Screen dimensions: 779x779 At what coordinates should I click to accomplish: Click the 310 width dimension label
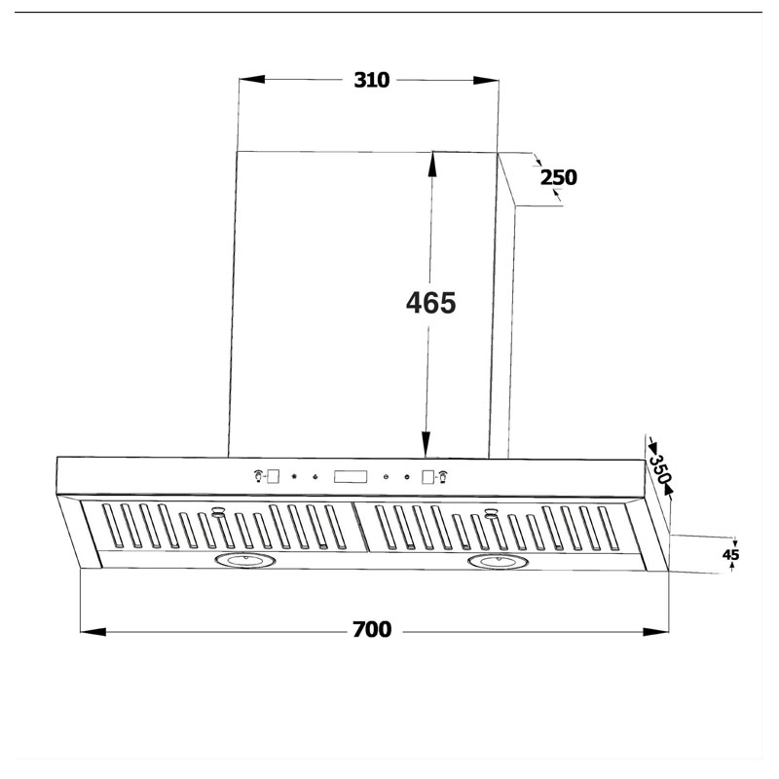(372, 81)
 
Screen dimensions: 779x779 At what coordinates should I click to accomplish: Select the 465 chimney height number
(430, 303)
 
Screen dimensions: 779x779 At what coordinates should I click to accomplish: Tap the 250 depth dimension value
(559, 177)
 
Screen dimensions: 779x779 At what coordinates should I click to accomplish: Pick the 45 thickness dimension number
(731, 555)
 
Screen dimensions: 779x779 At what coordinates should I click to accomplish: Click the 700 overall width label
(372, 631)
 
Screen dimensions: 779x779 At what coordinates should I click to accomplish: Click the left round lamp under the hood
(245, 561)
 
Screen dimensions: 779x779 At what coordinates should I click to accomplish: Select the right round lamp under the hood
(497, 561)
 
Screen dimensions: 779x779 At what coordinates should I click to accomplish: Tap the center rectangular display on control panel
(351, 477)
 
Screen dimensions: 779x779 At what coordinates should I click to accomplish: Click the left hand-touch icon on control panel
(258, 476)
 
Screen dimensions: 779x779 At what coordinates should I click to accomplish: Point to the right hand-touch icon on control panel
(443, 476)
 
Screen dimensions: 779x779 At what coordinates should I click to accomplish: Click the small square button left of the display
(275, 476)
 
